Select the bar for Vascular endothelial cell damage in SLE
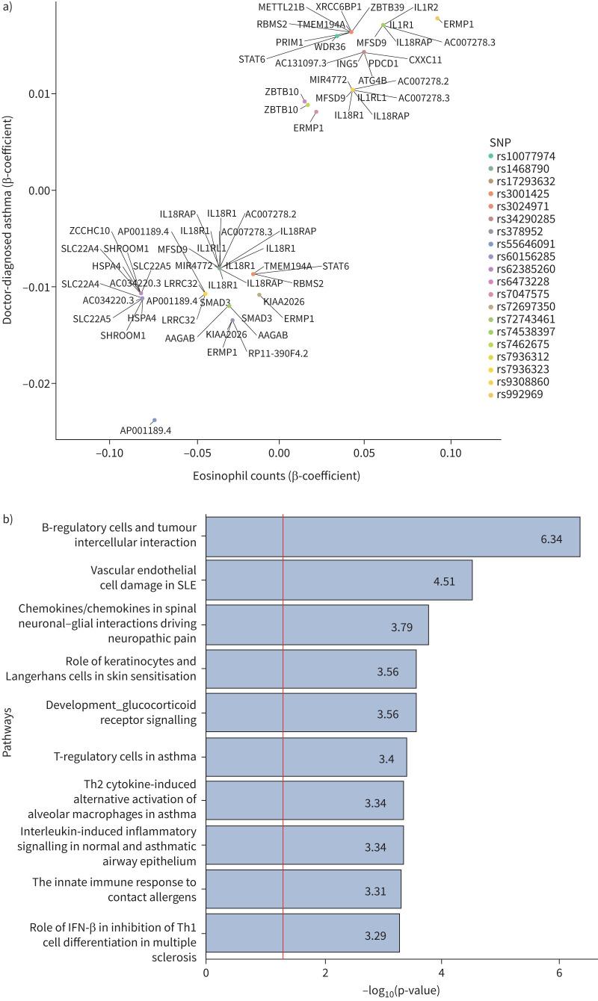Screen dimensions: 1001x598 pyautogui.click(x=339, y=580)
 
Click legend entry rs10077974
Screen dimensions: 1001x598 pyautogui.click(x=528, y=156)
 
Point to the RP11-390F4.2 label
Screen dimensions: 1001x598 pyautogui.click(x=277, y=352)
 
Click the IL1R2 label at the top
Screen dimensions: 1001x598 pyautogui.click(x=426, y=7)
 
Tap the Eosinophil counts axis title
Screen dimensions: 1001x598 pyautogui.click(x=277, y=475)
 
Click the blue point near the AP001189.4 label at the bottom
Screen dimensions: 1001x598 pyautogui.click(x=154, y=421)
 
